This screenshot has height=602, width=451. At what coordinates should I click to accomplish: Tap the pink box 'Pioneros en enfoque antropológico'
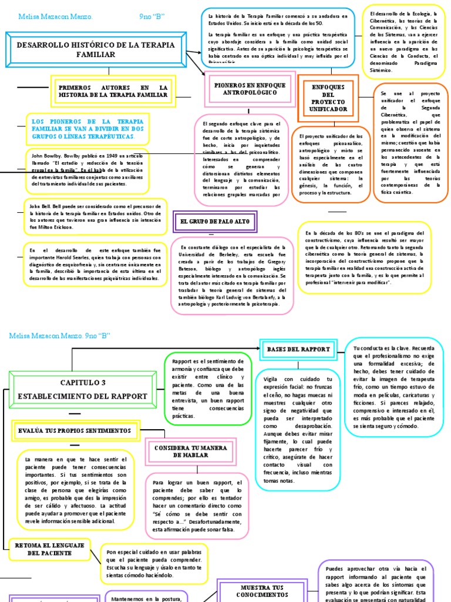(x=250, y=89)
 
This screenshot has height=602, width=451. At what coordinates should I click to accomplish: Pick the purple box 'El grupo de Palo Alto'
(x=214, y=222)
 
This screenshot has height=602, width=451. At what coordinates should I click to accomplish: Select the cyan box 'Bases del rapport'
(x=298, y=349)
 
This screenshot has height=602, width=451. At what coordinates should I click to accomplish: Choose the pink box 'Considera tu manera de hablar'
(x=190, y=451)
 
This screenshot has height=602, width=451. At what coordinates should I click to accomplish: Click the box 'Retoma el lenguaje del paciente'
(x=49, y=550)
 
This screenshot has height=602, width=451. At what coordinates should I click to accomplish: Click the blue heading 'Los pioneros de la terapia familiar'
(x=87, y=129)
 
